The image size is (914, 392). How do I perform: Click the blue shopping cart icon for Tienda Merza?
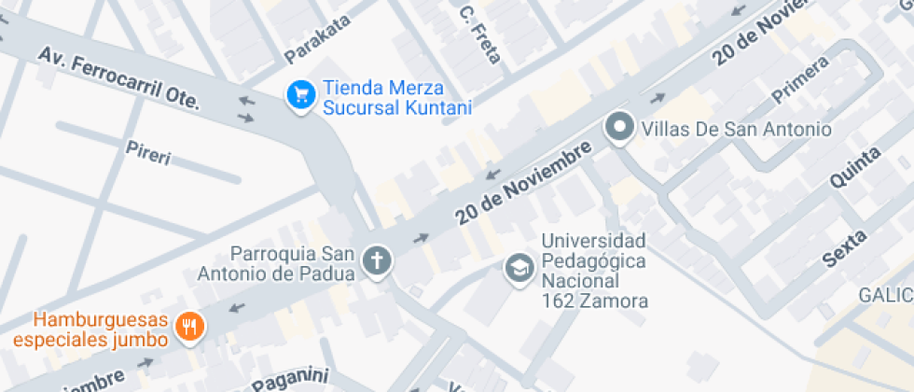pos(299,94)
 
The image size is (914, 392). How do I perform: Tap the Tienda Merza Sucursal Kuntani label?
pos(396,99)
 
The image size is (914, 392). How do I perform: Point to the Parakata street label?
pos(318,40)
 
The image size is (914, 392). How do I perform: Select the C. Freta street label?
pos(479,35)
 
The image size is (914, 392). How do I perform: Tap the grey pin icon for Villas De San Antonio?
pos(619,128)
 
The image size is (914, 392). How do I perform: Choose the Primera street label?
pos(799,80)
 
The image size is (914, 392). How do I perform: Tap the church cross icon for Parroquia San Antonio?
pos(378,261)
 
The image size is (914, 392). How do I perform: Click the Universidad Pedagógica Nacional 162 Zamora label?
pos(594,271)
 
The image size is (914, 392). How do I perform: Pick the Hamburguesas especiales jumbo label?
pos(90,329)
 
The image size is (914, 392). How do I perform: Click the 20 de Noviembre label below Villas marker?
pos(525,183)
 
